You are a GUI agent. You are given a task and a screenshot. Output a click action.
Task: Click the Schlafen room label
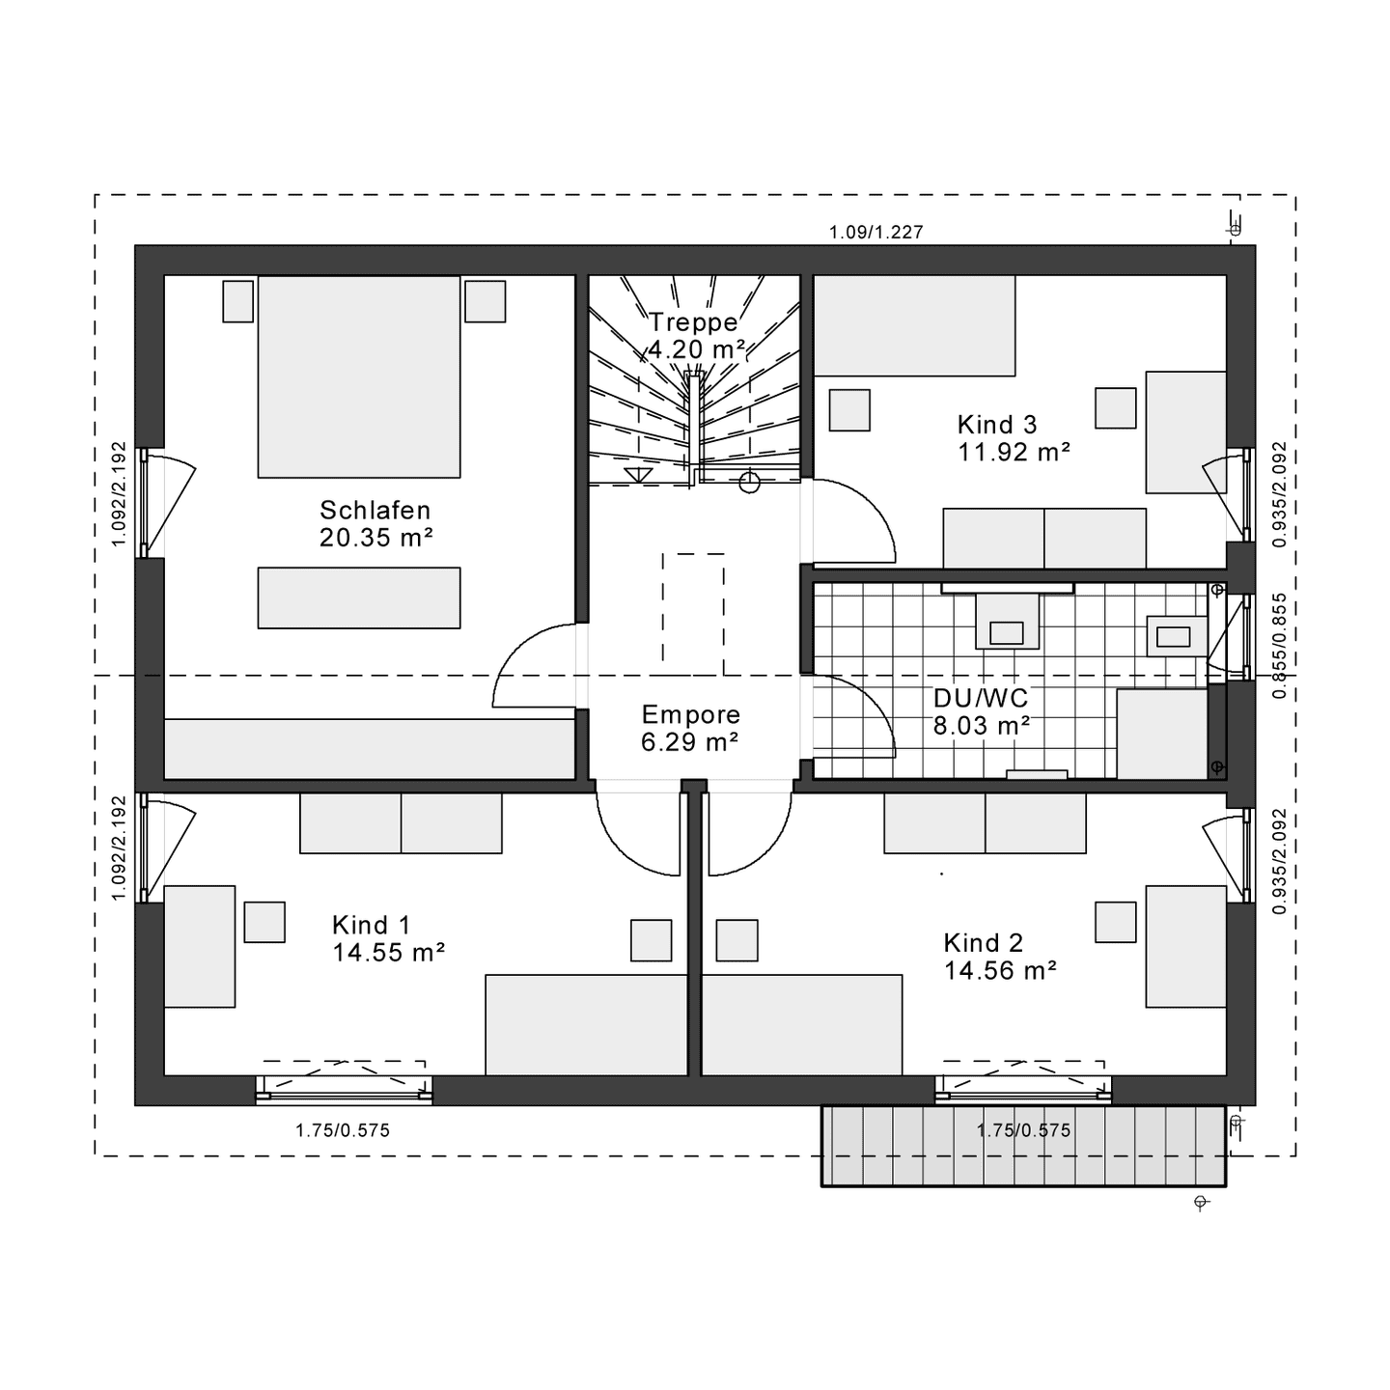pos(375,510)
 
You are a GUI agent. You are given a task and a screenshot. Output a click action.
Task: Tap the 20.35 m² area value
pos(375,538)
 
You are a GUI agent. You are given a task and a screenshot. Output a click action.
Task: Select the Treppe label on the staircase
pos(693,321)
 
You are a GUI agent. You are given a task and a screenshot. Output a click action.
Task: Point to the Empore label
pos(691,714)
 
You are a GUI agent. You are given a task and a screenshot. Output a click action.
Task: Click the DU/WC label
pos(981,698)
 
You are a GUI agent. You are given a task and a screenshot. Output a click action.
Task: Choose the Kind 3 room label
pos(997,425)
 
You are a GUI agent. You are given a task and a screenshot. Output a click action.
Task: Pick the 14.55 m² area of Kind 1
pos(388,952)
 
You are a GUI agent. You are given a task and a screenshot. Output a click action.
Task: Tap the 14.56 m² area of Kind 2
pos(1000,970)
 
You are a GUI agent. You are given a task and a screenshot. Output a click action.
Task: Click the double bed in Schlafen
pos(358,376)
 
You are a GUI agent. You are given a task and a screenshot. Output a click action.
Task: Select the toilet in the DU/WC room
pos(1007,621)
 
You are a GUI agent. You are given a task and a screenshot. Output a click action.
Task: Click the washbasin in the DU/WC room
pos(1178,636)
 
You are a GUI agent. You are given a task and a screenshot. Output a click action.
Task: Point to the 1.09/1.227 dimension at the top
pos(876,233)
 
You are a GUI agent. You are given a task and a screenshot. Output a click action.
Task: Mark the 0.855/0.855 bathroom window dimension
pos(1280,646)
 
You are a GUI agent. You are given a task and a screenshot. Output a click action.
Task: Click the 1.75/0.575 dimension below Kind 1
pos(343,1130)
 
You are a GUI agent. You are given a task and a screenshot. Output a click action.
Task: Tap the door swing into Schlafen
pos(534,664)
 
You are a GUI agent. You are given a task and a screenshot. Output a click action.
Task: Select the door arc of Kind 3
pos(855,520)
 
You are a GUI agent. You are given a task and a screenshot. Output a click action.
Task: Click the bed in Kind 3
pos(915,325)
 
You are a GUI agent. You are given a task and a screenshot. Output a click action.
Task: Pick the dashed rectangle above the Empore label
pos(693,614)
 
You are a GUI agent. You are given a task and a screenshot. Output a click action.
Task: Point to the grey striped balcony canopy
pos(1023,1146)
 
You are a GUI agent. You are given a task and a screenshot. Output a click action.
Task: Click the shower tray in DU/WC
pos(1162,734)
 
